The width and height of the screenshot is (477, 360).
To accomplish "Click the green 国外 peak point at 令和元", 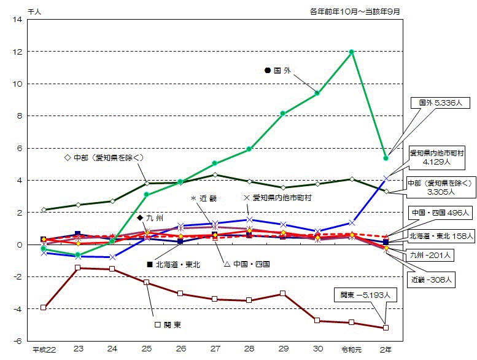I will [x=351, y=52].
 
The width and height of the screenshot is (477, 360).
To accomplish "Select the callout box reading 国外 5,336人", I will [x=436, y=103].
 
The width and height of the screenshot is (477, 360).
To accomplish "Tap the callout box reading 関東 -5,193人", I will [x=366, y=295].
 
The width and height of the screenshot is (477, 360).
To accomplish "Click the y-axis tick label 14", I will [x=17, y=20].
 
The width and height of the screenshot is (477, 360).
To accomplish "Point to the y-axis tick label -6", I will [x=18, y=341].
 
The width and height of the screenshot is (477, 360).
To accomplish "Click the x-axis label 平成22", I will [x=43, y=350].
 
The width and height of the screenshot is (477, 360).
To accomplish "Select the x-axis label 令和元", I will [x=351, y=350].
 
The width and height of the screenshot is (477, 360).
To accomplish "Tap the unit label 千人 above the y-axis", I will [x=34, y=10].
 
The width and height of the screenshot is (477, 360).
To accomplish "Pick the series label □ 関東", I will [x=169, y=324].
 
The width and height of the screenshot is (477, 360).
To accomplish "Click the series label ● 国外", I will [x=277, y=71].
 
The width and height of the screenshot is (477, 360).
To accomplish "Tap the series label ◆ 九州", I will [x=150, y=218].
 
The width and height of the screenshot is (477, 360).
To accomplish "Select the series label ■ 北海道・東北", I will [x=174, y=264].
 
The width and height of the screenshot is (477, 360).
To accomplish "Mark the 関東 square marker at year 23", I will [x=78, y=268].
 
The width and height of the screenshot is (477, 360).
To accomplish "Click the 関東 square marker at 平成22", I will [x=43, y=307].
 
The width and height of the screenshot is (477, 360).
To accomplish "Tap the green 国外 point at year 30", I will [x=317, y=93].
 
